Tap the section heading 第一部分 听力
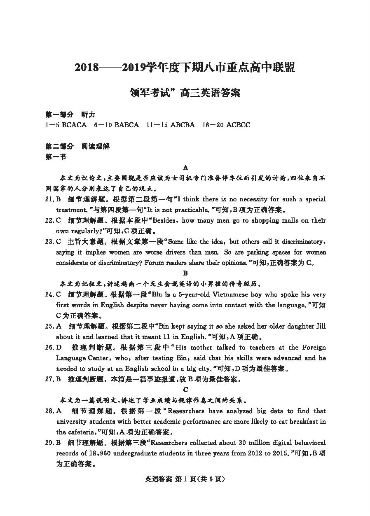70,114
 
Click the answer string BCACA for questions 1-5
74,125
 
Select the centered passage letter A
185,167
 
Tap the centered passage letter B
185,273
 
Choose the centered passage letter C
185,389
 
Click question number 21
49,199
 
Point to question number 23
49,242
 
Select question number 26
49,348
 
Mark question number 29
49,443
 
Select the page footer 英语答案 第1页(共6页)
185,479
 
